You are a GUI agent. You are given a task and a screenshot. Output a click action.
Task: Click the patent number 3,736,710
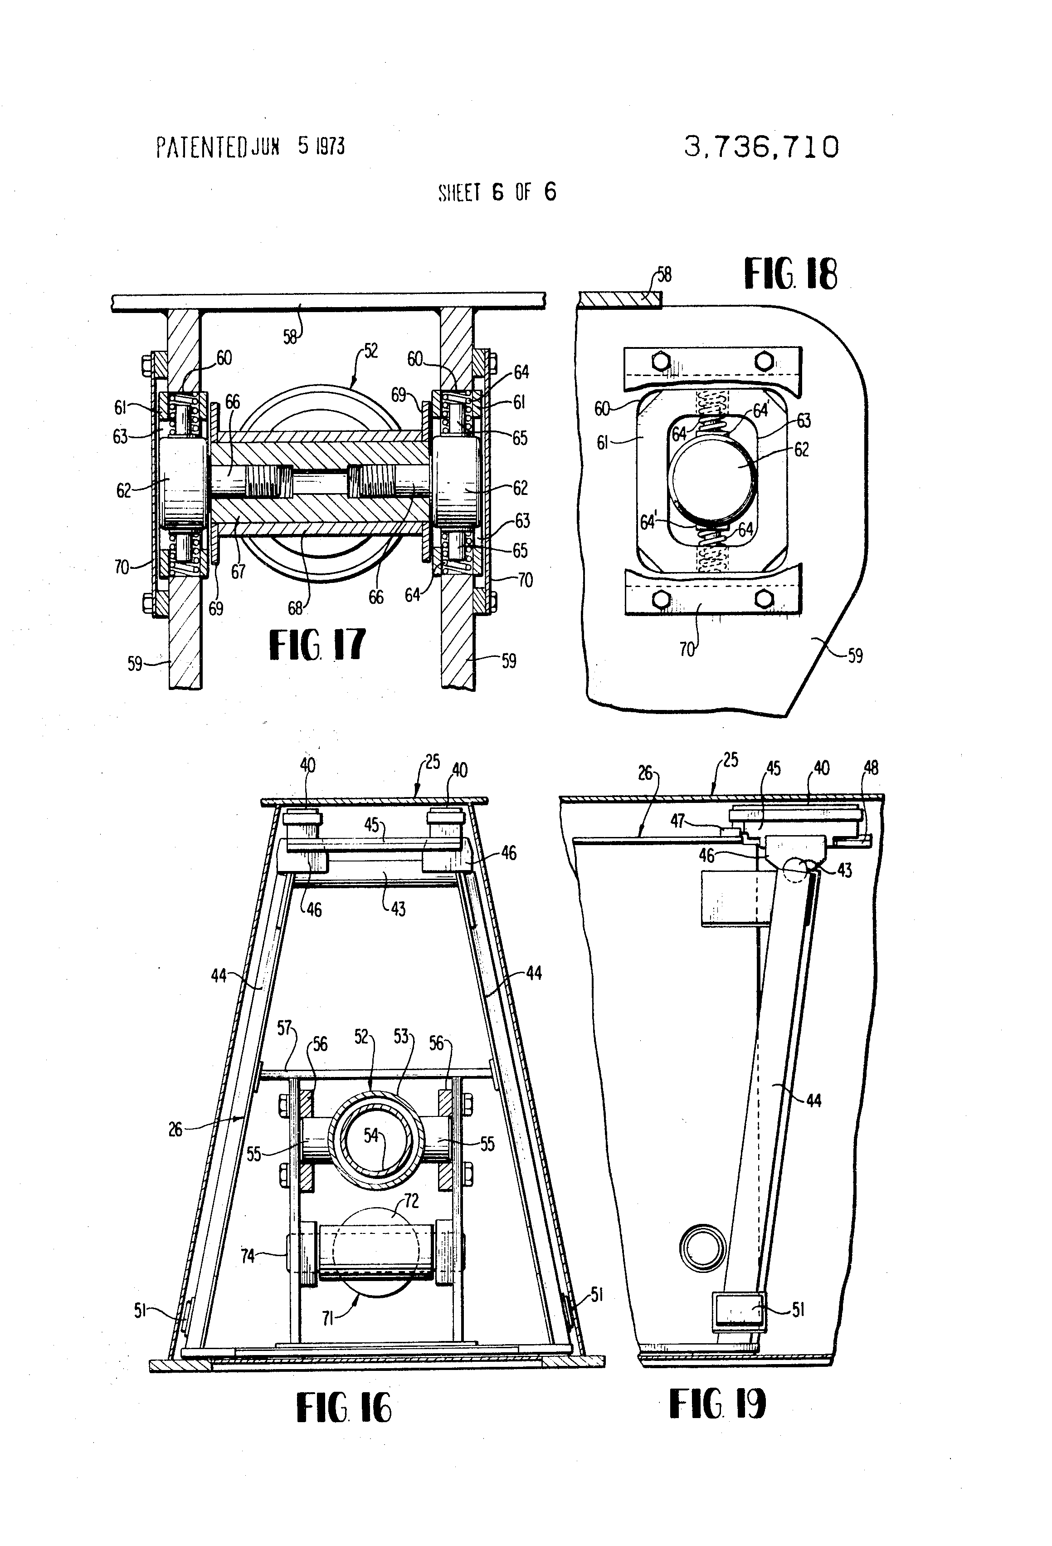coord(761,147)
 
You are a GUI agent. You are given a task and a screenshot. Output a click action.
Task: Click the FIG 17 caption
coord(317,644)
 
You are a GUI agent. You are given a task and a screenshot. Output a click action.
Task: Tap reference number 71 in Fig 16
coord(327,1318)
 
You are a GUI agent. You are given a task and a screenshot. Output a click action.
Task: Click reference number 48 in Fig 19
coord(871,768)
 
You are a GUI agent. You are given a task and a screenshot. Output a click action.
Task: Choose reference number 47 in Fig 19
coord(677,822)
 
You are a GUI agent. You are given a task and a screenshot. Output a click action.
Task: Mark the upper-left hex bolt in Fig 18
coord(660,362)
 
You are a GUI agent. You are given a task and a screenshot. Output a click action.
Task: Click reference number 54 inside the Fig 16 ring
coord(370,1135)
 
